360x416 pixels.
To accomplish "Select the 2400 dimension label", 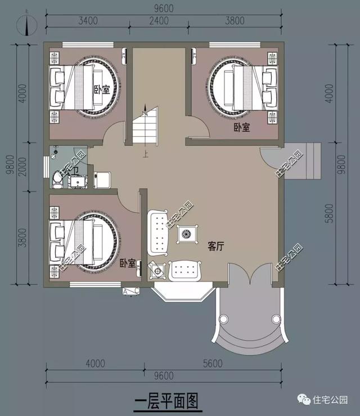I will pos(160,22).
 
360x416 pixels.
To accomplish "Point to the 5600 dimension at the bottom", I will pos(214,364).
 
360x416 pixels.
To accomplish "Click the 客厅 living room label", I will pos(216,246).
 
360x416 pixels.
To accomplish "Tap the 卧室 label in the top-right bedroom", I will pos(242,127).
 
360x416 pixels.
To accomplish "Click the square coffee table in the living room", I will pos(186,233).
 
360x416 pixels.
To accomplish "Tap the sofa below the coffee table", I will pos(186,270).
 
